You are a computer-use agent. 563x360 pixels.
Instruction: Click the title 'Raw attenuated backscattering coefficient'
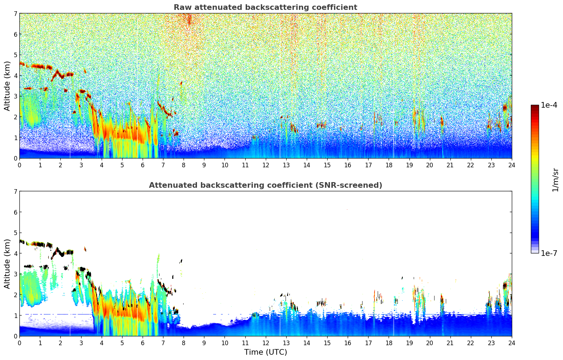pos(265,7)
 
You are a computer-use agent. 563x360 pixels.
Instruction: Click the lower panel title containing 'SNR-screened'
pos(265,185)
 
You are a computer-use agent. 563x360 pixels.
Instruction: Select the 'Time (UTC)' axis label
pos(265,352)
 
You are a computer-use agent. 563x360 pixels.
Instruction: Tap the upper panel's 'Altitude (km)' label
pos(7,86)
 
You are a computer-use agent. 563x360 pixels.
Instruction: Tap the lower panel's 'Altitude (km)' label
pos(7,264)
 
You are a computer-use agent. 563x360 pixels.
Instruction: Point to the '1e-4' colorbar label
pos(549,105)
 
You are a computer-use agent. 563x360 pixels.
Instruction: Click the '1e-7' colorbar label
pos(549,253)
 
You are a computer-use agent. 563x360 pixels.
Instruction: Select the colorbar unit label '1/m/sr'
pos(555,180)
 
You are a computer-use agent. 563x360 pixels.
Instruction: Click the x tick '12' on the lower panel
pos(265,343)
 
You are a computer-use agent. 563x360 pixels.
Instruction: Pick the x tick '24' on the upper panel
pos(511,165)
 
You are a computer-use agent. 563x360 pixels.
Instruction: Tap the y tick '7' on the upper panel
pos(15,14)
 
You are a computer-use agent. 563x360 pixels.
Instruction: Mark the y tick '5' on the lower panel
pos(15,233)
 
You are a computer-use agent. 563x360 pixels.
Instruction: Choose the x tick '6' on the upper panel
pos(143,165)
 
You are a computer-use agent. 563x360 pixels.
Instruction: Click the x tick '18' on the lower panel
pos(389,343)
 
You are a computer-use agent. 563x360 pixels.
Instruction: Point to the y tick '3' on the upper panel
pos(15,96)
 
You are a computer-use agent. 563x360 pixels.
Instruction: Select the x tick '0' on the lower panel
pos(19,343)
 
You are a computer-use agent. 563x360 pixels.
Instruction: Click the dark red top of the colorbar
pos(534,107)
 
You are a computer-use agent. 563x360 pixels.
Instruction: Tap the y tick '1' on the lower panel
pos(15,316)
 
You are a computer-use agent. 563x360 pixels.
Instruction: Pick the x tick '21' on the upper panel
pos(450,165)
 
